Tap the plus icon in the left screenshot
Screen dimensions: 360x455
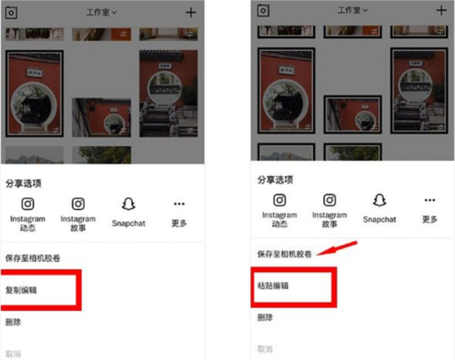(190, 13)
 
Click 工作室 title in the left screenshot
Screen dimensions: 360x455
(102, 12)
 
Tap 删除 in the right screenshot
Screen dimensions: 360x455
(265, 317)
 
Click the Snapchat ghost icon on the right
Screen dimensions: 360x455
(379, 201)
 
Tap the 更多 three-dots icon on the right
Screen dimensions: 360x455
(430, 201)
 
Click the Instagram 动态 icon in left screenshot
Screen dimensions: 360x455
(28, 205)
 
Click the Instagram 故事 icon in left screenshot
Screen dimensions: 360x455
(78, 205)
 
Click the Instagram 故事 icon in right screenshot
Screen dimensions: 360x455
(329, 201)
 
